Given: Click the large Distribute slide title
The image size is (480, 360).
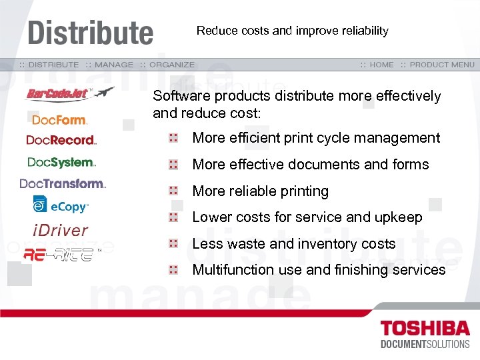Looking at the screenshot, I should coord(90,33).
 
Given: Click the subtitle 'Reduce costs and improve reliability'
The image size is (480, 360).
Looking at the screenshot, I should coord(292,31).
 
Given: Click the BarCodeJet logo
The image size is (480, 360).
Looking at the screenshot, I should coord(70,94).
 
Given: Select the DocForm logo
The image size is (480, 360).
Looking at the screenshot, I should coord(60,120).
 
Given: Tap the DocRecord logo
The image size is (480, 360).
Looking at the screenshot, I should coord(61,140).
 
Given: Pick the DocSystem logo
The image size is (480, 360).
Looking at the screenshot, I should coord(62,162).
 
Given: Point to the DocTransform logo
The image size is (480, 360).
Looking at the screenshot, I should coord(63,183).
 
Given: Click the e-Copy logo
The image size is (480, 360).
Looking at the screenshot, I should coord(61,206).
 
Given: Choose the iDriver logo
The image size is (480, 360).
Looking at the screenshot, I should coord(61,231).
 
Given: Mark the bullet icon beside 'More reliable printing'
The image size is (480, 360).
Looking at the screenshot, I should coord(173,191).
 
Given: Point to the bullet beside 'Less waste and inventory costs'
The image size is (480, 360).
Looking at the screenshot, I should coord(173,244).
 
